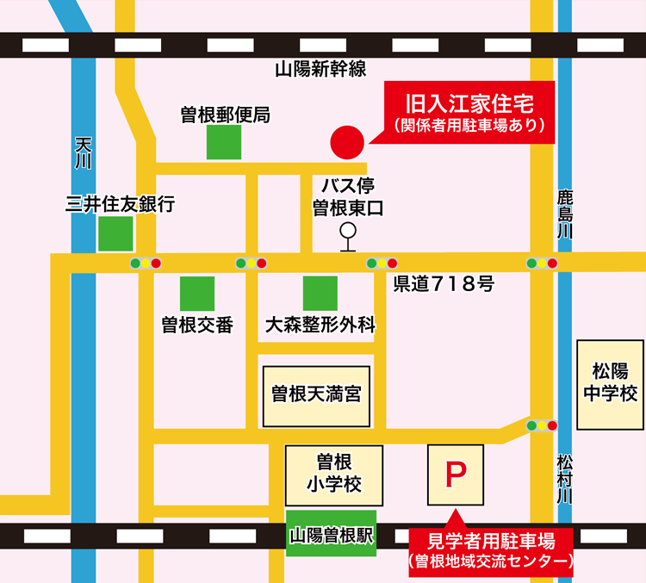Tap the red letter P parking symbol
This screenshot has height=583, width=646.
point(455,474)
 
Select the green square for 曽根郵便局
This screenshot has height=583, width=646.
point(223,142)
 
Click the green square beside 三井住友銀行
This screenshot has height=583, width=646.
point(115,233)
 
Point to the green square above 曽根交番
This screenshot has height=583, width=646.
point(196,294)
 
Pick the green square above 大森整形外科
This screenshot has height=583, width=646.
point(320,294)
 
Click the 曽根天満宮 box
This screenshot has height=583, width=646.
point(315,395)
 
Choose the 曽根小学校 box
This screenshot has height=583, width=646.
point(322,475)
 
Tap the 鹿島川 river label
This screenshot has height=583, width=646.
point(564,214)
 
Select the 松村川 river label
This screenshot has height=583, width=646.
point(564,479)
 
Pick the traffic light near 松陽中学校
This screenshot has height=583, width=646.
point(542,425)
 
